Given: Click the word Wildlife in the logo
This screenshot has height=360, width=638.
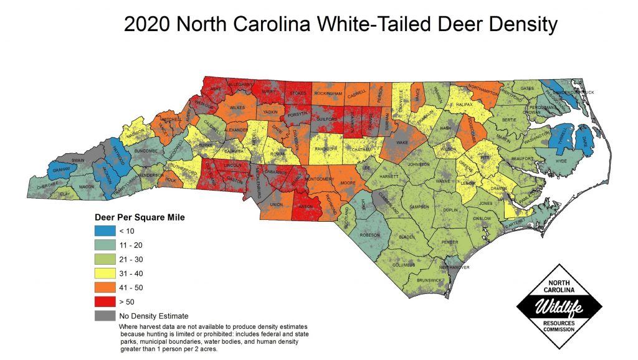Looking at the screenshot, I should [x=559, y=305].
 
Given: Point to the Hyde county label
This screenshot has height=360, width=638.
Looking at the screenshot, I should [x=561, y=161].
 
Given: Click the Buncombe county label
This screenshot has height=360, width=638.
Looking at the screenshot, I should [x=145, y=150].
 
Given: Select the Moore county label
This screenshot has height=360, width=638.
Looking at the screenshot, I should [x=348, y=183].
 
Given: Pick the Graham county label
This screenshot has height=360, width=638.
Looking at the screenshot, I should [x=60, y=170].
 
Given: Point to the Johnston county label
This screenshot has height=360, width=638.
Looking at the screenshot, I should [x=418, y=164].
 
